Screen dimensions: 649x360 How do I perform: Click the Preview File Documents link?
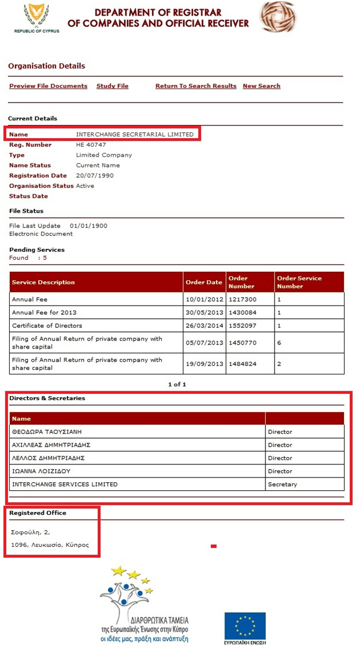point(48,86)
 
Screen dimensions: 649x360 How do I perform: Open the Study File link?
point(112,86)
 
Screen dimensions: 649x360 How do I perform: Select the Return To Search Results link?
point(195,86)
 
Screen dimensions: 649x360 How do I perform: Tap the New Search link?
point(261,86)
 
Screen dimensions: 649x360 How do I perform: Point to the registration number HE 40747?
point(92,145)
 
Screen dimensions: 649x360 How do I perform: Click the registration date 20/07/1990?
point(95,176)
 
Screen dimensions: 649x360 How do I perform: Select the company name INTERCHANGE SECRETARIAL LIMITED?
point(135,134)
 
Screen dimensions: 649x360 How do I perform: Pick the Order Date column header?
point(204,282)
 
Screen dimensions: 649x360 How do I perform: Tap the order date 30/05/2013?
point(204,312)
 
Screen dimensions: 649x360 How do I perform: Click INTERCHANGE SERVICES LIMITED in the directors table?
point(65,484)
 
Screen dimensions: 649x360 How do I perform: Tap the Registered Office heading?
point(38,513)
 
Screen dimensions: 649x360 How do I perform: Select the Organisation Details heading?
point(46,66)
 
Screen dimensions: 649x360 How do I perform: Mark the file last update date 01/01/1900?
point(88,226)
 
